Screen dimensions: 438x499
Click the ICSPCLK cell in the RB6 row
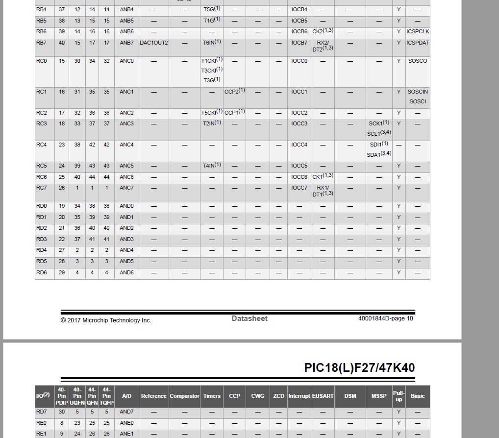coord(418,31)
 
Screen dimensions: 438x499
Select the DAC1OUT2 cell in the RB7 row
coord(154,43)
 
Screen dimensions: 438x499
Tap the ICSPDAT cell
coord(418,43)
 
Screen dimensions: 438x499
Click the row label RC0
coord(42,61)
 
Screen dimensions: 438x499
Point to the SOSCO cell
coord(418,61)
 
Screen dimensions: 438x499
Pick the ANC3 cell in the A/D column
coord(126,123)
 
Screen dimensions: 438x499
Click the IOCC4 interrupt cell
coord(299,145)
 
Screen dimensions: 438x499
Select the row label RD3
coord(42,239)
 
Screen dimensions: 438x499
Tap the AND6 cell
coord(126,272)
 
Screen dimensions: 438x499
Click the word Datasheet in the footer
coord(249,318)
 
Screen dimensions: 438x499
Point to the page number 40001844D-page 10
coord(385,318)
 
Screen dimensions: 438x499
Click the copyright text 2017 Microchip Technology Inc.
coord(106,320)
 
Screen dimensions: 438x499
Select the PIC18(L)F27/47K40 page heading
coord(359,367)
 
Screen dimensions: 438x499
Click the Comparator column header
coord(184,396)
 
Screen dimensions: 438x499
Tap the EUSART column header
coord(323,396)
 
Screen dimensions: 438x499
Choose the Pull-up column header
coord(399,396)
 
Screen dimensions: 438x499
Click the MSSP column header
coord(379,396)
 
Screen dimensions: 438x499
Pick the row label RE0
coord(42,423)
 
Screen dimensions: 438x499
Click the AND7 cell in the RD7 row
coord(126,412)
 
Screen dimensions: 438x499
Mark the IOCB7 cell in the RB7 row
coord(299,43)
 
